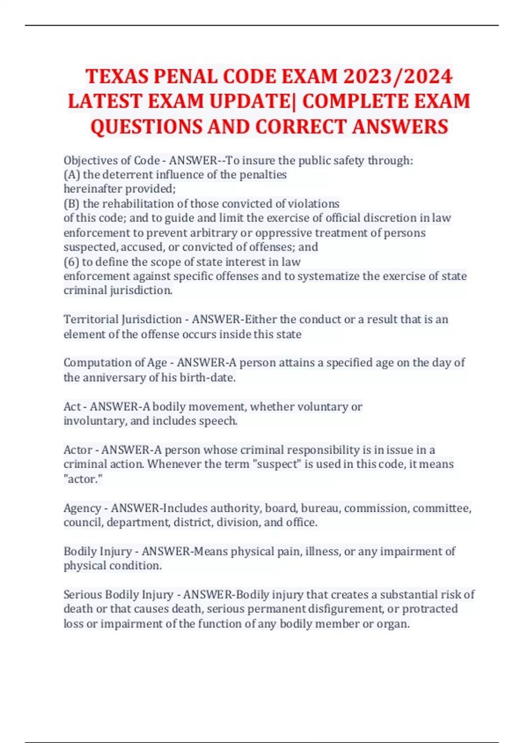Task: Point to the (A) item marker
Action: (x=72, y=175)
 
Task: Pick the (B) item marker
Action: (x=72, y=204)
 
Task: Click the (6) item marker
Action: (x=72, y=262)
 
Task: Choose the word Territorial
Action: (x=91, y=319)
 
